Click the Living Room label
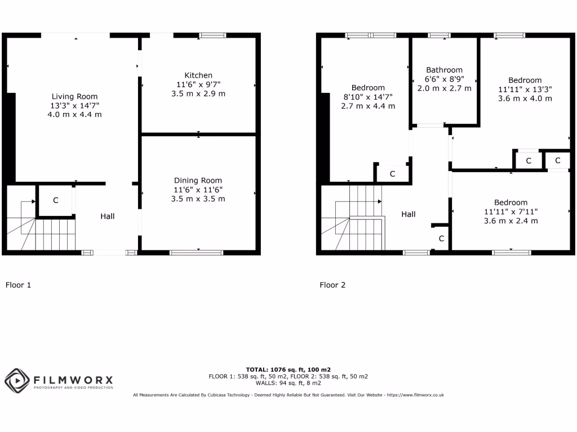[74, 96]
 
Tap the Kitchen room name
[198, 75]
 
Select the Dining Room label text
[198, 181]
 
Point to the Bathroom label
[444, 70]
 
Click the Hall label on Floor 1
[108, 216]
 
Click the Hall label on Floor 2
[409, 214]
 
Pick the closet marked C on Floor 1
[56, 200]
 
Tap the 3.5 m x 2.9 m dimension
[198, 94]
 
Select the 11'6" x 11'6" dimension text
[198, 190]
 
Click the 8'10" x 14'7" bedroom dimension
[368, 97]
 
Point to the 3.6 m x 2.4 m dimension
[511, 221]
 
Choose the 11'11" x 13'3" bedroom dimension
[525, 89]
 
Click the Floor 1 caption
[18, 285]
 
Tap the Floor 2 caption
[332, 285]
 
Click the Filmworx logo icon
[17, 380]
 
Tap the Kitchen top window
[212, 35]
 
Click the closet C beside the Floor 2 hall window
[441, 239]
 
